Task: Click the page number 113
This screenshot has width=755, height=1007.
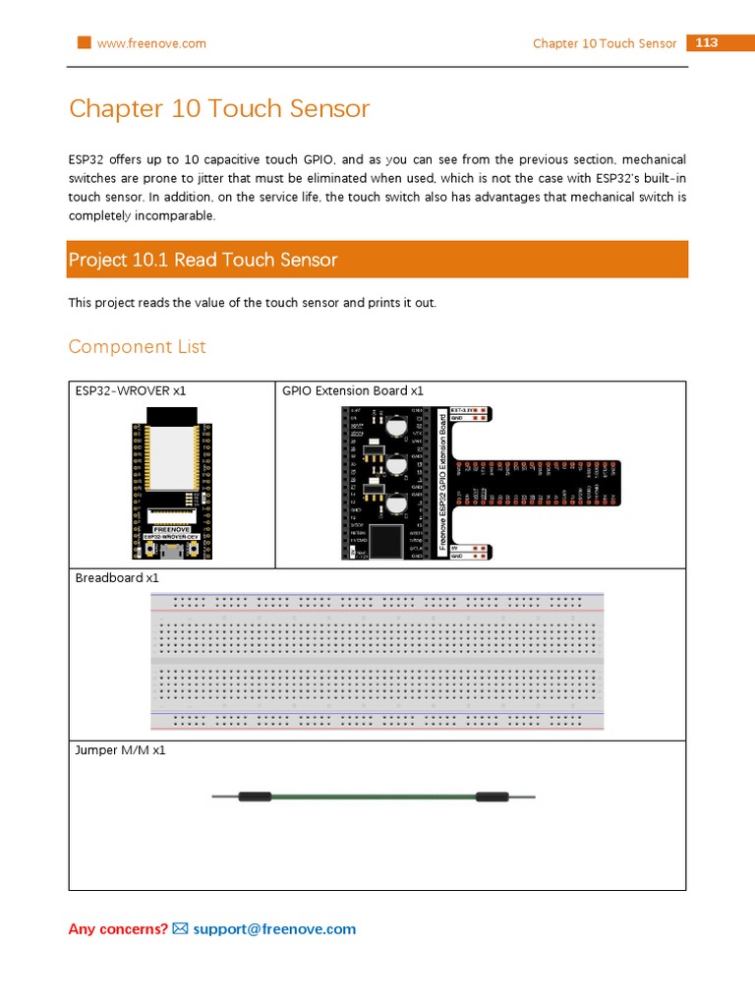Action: [706, 43]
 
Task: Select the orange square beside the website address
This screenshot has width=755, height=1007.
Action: [84, 43]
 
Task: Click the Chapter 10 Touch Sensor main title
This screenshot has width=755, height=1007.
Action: [219, 108]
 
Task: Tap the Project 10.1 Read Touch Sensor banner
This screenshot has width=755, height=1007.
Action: [377, 260]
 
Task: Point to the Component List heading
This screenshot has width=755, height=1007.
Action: [138, 346]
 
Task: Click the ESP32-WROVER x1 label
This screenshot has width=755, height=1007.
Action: [131, 390]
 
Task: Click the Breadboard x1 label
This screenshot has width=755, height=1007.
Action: [117, 577]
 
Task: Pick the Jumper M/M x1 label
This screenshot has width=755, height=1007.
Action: [121, 749]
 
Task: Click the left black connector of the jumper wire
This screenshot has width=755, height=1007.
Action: [254, 797]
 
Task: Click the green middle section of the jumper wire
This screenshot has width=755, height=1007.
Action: [374, 797]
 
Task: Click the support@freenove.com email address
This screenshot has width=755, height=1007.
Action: [274, 929]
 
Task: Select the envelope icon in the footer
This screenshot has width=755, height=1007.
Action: [180, 929]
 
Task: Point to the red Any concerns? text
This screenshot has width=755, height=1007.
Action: [118, 929]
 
